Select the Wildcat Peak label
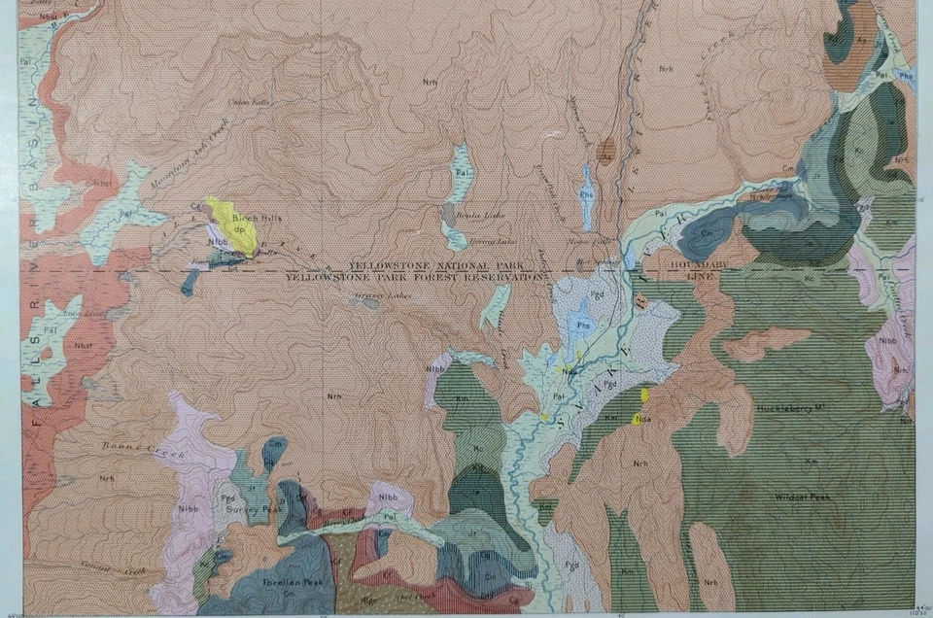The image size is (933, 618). [802, 498]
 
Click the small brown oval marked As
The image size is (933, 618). [606, 153]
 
